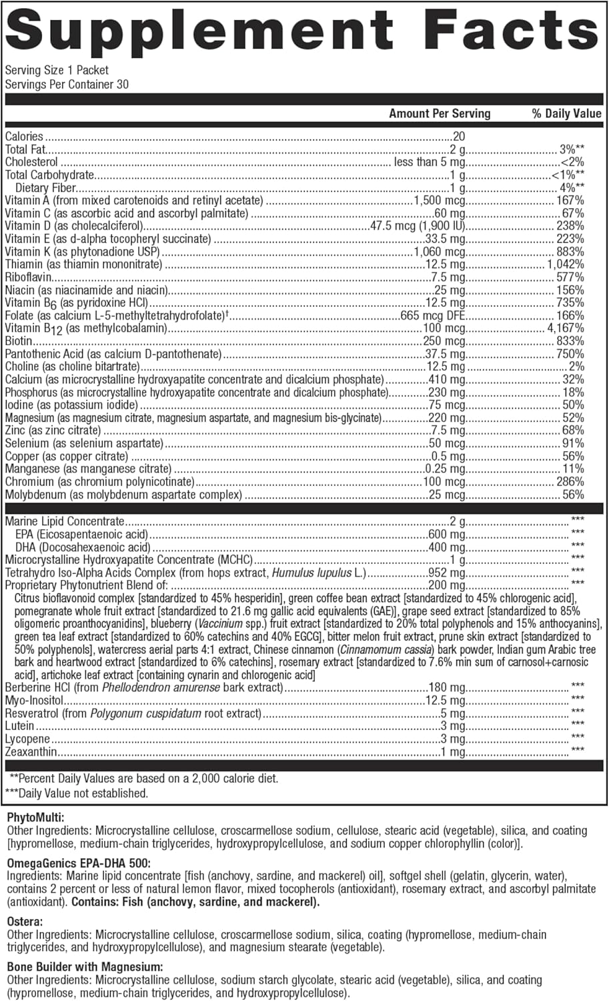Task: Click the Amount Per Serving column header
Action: pyautogui.click(x=440, y=113)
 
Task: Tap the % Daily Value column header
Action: pyautogui.click(x=566, y=113)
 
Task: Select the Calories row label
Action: pyautogui.click(x=24, y=136)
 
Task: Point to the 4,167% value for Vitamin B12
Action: pyautogui.click(x=566, y=328)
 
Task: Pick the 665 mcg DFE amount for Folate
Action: pyautogui.click(x=433, y=316)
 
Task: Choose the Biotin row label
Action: pyautogui.click(x=18, y=341)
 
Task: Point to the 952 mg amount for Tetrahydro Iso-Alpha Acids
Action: pyautogui.click(x=446, y=573)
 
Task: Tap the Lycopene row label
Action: pyautogui.click(x=27, y=739)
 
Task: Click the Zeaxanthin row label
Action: pyautogui.click(x=31, y=752)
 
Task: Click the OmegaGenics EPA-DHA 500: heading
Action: pyautogui.click(x=79, y=862)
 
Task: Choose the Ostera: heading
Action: pyautogui.click(x=25, y=921)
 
